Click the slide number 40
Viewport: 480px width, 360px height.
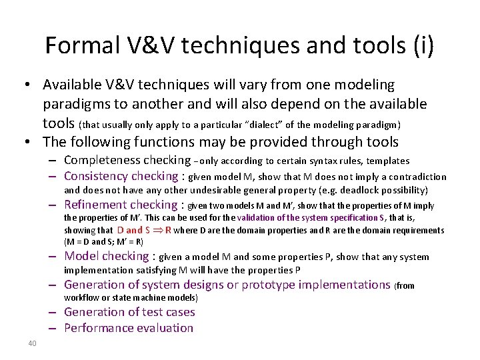[x=32, y=344]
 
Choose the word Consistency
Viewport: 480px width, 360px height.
[x=96, y=176]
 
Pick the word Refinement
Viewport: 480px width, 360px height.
[x=96, y=205]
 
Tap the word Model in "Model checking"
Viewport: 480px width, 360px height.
[x=81, y=256]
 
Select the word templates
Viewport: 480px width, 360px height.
[x=387, y=161]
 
